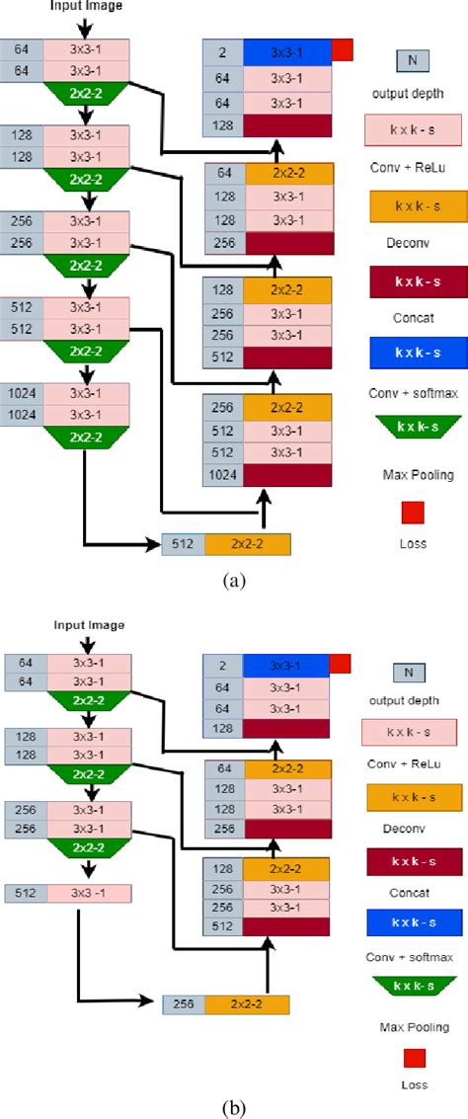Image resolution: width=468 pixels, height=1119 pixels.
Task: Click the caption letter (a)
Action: tap(233, 581)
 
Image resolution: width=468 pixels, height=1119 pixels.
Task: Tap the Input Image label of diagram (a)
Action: tap(88, 6)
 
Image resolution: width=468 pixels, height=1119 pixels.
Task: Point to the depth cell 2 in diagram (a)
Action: tap(223, 51)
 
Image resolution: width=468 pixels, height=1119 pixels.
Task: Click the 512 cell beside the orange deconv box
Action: tap(184, 543)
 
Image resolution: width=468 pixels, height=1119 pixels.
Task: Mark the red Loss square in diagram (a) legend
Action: tap(413, 512)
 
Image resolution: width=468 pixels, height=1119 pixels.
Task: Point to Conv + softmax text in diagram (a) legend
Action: tap(413, 394)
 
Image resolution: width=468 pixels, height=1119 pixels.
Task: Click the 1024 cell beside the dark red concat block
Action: tap(223, 475)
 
